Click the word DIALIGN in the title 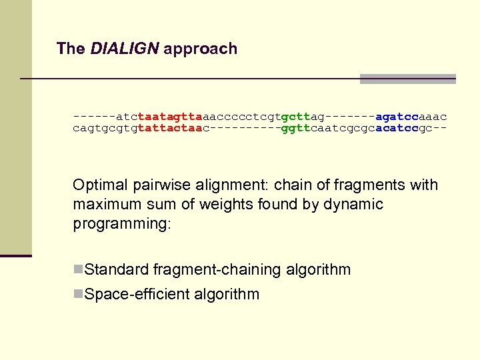(x=125, y=49)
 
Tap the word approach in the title (x=200, y=49)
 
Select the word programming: (x=122, y=223)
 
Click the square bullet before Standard (x=78, y=269)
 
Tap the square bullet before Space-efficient (x=78, y=294)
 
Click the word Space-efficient (x=135, y=294)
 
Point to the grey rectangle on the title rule (x=407, y=79)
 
